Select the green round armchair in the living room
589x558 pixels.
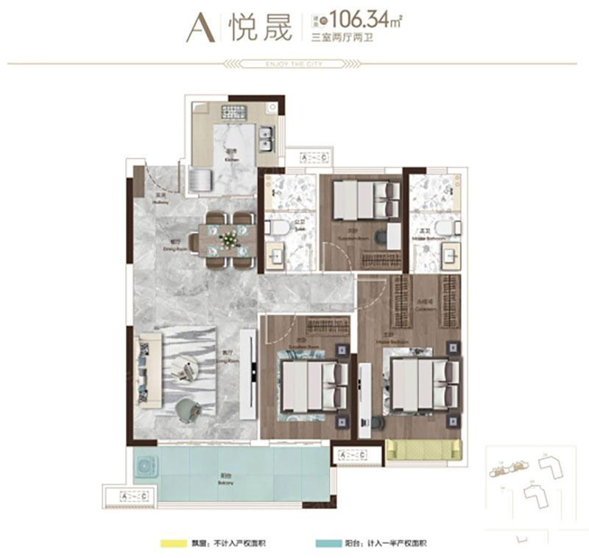pyautogui.click(x=188, y=408)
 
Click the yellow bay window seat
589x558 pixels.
pyautogui.click(x=423, y=449)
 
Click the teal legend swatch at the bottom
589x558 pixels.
pyautogui.click(x=323, y=543)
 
